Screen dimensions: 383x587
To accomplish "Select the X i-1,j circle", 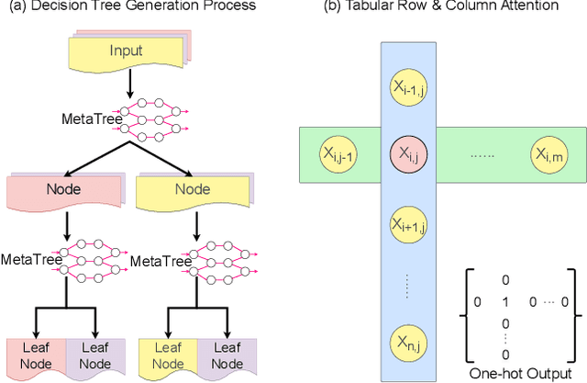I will [x=406, y=88].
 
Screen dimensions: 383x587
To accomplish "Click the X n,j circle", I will [x=406, y=340].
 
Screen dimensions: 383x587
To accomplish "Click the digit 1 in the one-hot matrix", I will [x=503, y=301].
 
